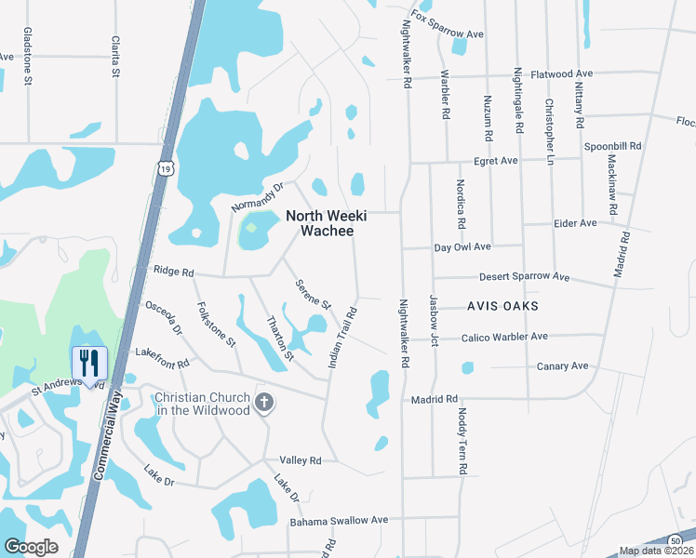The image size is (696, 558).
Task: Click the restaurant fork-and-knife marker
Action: [89, 362]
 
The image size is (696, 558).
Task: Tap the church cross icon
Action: [265, 403]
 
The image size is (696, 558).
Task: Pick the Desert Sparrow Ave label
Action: [523, 277]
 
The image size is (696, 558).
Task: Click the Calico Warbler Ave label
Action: [505, 337]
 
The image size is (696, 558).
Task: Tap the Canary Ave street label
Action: [561, 366]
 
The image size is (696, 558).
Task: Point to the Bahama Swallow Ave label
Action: [339, 521]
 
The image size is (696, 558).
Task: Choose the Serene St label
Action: [313, 294]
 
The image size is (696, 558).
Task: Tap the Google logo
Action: [32, 547]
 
